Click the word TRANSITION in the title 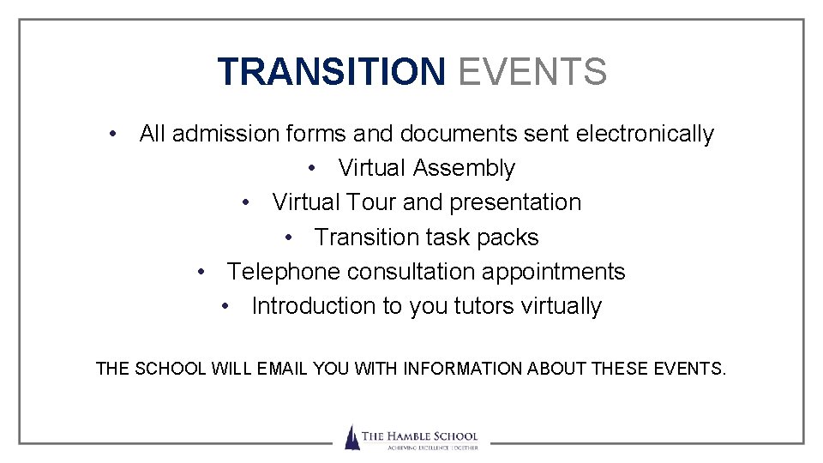coord(331,72)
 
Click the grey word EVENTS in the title coord(532,72)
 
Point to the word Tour coord(370,203)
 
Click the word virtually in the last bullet coord(562,306)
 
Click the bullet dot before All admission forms coord(113,135)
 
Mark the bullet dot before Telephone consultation coord(201,272)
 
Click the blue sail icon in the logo coord(351,437)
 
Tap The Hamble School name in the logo coord(419,436)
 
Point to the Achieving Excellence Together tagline coord(419,448)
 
